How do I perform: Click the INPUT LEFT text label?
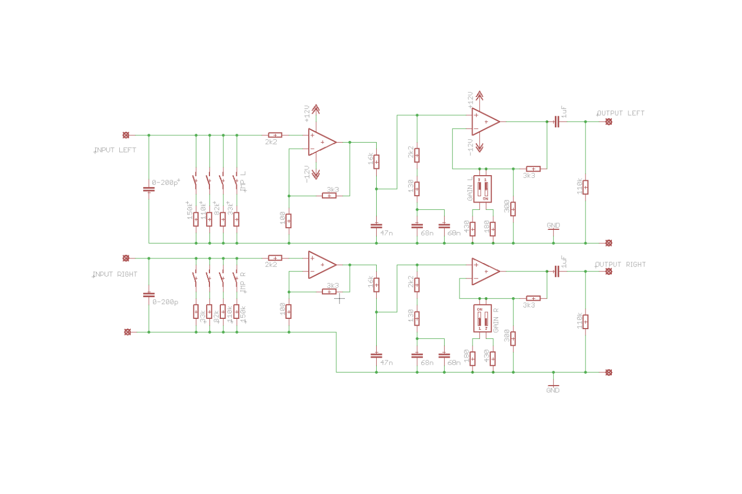tap(116, 150)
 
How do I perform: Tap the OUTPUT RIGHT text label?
tap(621, 265)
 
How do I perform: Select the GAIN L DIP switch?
tap(483, 189)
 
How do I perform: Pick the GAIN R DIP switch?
tap(483, 318)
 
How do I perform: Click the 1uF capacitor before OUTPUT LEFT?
tap(556, 122)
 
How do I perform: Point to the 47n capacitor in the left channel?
tap(376, 225)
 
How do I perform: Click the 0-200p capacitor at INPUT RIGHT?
tap(149, 295)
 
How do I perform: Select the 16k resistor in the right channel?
tap(376, 285)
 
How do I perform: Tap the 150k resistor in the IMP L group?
tap(196, 219)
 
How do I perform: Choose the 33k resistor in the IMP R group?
tap(196, 311)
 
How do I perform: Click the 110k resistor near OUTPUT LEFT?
tap(585, 187)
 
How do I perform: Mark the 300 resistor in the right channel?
tap(513, 338)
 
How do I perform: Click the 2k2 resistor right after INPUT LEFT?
tap(275, 135)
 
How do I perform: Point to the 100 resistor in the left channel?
tap(289, 220)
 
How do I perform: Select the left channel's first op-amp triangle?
tap(321, 142)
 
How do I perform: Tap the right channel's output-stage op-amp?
tap(485, 272)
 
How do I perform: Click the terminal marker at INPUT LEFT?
tap(126, 135)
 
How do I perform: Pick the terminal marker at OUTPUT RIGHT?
tap(609, 272)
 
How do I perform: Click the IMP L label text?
tap(244, 181)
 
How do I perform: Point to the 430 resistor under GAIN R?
tap(492, 358)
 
